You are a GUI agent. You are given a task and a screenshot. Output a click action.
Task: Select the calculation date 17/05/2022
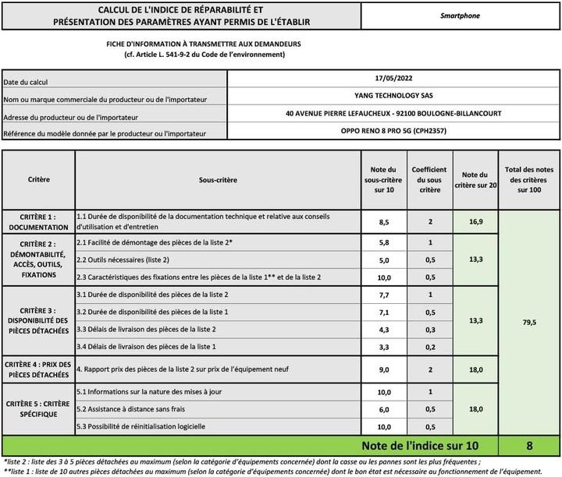point(393,79)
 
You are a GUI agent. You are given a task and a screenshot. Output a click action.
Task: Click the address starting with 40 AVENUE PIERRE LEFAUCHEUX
point(393,114)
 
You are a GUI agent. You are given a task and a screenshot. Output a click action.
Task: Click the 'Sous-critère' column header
point(218,179)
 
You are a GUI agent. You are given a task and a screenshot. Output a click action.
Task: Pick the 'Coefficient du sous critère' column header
point(429,179)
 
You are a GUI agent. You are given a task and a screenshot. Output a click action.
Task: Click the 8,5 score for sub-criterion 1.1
point(384,222)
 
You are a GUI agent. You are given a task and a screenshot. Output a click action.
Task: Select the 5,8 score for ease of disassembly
point(384,243)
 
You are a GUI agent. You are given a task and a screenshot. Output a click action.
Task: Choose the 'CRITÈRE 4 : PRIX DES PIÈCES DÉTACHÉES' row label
point(38,370)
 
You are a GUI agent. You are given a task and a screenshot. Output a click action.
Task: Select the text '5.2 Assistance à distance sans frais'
point(131,408)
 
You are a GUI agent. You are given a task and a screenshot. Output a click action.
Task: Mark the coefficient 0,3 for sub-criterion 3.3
point(429,329)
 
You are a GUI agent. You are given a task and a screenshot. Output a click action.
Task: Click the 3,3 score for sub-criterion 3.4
point(384,346)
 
